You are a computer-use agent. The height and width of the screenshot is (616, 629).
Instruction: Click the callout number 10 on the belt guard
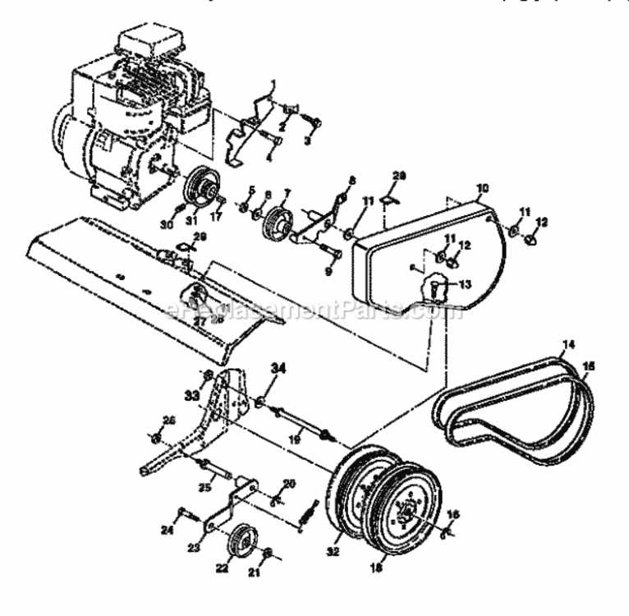(481, 188)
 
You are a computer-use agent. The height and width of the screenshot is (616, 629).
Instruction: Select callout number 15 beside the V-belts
(589, 365)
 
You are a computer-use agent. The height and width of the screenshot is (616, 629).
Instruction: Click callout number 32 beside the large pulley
(335, 544)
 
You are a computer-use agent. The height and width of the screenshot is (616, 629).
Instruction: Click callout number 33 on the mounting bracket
(192, 396)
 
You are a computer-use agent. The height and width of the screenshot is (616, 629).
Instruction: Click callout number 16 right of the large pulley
(454, 513)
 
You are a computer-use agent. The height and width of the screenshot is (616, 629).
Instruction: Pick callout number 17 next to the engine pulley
(218, 218)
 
